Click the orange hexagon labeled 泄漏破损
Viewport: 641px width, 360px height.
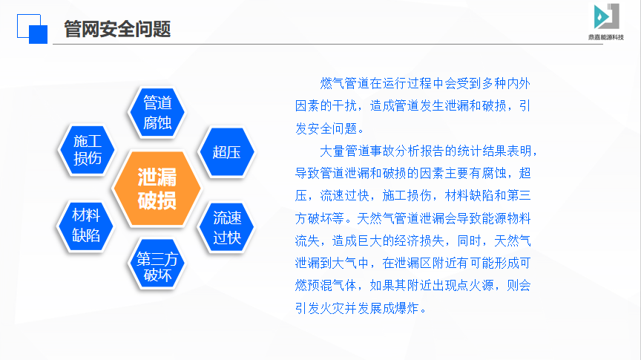coord(157,189)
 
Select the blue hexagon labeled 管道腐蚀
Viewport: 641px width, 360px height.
coord(157,112)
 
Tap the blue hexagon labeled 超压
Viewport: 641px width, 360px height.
coord(226,152)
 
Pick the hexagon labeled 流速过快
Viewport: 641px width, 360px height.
coord(226,227)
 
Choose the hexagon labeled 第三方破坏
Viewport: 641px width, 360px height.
coord(157,264)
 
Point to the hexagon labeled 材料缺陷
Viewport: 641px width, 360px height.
coord(86,226)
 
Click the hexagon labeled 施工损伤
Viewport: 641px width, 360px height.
coord(87,150)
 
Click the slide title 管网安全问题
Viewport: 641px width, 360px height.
coord(117,29)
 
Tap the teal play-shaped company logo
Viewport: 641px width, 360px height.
coord(606,16)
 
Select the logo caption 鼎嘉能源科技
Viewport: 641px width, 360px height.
coord(606,37)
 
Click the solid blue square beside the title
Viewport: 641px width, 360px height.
coord(38,34)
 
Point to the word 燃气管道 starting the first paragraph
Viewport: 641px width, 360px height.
coord(345,83)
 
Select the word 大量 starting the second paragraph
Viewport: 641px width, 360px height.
coord(332,151)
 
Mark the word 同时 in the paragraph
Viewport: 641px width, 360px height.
coord(470,240)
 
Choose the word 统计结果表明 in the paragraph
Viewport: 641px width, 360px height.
coord(494,151)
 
